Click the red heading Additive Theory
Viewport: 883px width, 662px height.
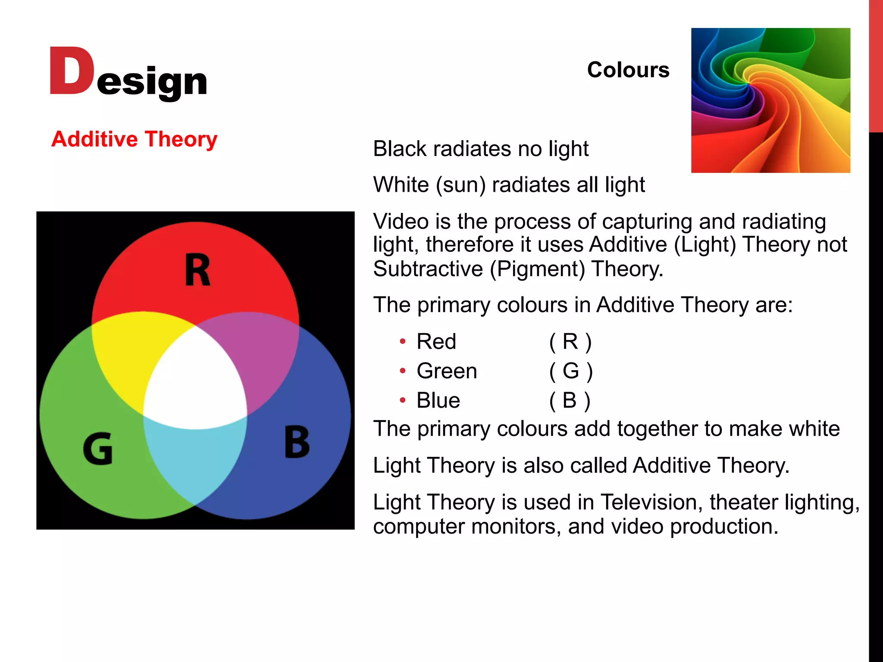pos(134,139)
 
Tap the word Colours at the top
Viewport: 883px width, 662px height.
pos(628,70)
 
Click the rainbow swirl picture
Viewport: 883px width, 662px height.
pos(770,100)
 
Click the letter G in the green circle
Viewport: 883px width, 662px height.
pos(98,449)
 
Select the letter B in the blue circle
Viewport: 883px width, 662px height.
pos(297,442)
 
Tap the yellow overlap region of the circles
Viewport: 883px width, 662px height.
pos(125,353)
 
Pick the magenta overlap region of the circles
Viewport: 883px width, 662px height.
pos(263,353)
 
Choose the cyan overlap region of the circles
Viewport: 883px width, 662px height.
pos(195,461)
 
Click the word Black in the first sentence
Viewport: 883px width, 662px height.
pos(400,149)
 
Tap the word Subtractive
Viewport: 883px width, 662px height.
pos(428,269)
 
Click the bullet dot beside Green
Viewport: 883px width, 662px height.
pos(403,371)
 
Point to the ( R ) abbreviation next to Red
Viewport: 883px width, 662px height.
pos(570,342)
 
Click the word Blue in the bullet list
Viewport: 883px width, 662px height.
pos(438,400)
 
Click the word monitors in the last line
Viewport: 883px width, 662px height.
pos(516,527)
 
